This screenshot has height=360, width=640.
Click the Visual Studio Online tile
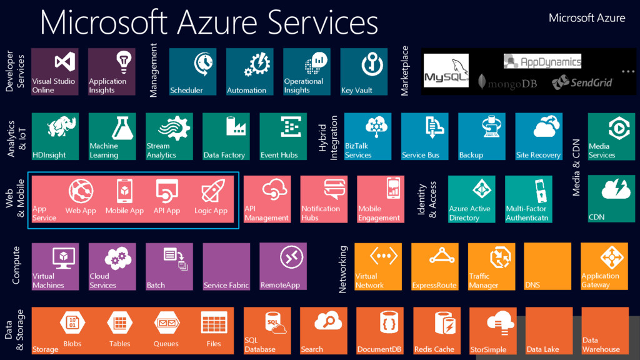click(x=55, y=72)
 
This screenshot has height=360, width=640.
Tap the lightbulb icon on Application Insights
click(x=123, y=61)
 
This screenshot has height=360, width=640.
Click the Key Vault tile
click(x=364, y=72)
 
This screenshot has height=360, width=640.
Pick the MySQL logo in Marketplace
click(x=446, y=71)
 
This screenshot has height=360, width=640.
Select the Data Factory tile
click(x=226, y=136)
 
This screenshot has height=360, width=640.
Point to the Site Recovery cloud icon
click(x=546, y=127)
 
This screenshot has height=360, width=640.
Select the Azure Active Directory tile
click(x=471, y=199)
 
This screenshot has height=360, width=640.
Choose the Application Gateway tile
click(x=604, y=266)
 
